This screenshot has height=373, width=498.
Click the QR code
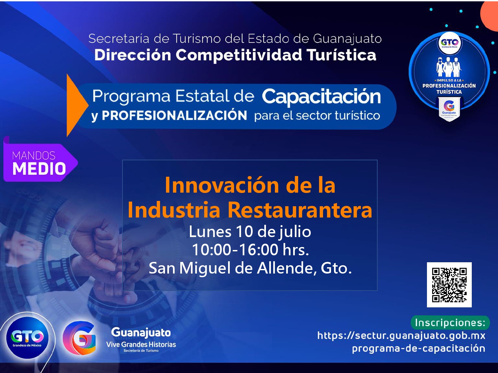tap(449, 285)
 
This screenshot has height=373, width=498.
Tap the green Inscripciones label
tap(450, 323)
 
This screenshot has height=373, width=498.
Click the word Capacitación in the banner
tap(321, 97)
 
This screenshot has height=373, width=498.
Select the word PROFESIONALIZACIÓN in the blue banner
tap(174, 115)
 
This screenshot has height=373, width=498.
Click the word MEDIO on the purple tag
tap(39, 169)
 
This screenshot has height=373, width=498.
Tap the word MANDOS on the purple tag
tap(34, 156)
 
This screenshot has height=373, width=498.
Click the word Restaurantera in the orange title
tap(300, 211)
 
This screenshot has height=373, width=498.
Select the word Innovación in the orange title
tap(222, 185)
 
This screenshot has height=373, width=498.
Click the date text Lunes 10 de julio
tap(250, 232)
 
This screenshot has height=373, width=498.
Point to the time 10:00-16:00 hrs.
tap(250, 250)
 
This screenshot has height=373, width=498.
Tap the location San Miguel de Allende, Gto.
tap(250, 268)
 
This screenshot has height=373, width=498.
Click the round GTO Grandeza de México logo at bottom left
tap(27, 338)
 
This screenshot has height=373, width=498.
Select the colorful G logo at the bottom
tap(79, 338)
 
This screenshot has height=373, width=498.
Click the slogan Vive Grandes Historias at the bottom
tap(141, 344)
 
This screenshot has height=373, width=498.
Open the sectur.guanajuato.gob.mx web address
tap(401, 336)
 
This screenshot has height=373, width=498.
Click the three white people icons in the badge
tap(449, 67)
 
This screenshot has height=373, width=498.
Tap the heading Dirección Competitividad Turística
tap(235, 55)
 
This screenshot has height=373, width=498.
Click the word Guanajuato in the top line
tap(347, 39)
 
